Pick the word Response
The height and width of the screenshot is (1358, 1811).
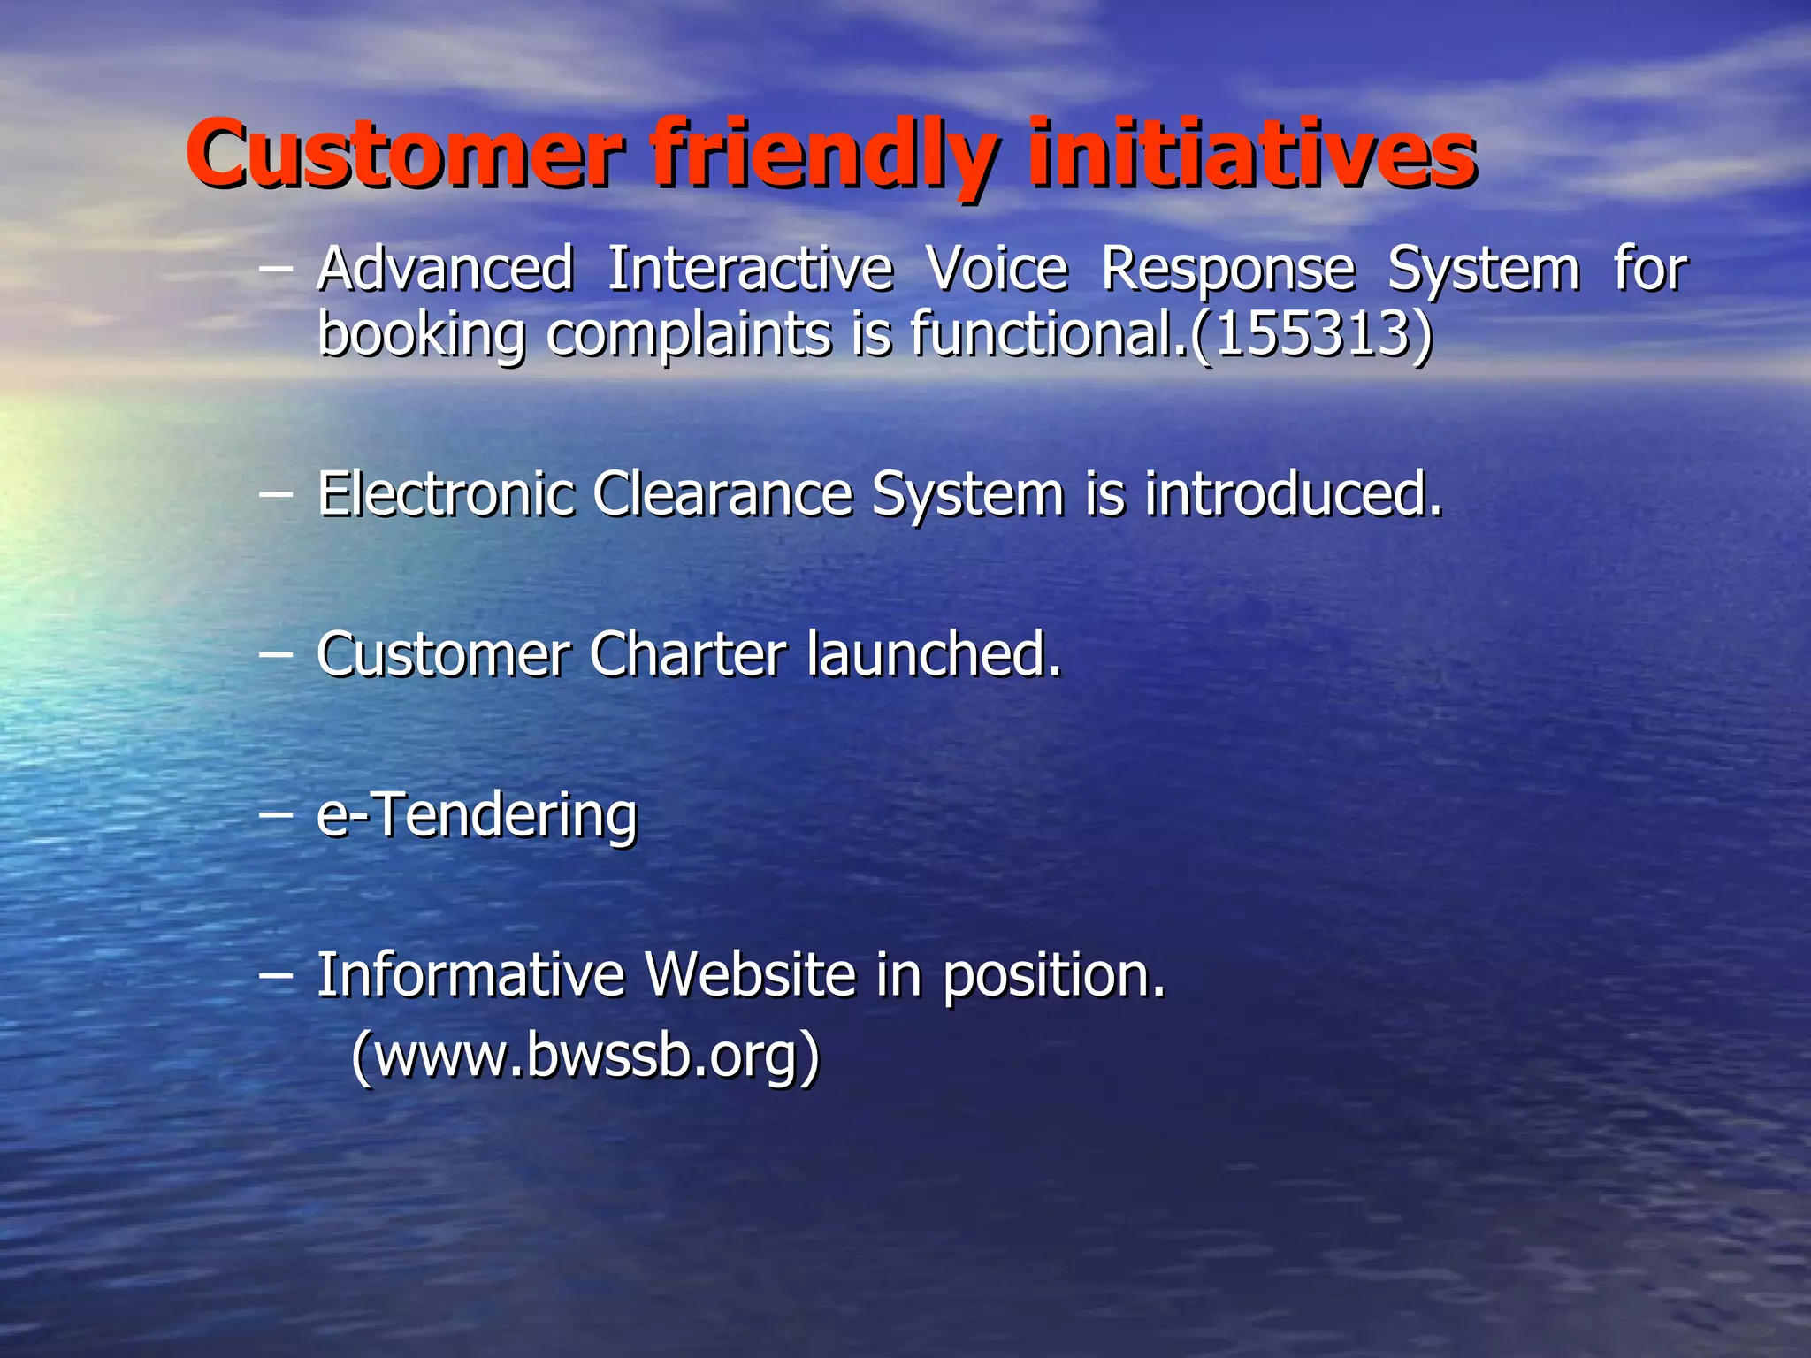pyautogui.click(x=1227, y=270)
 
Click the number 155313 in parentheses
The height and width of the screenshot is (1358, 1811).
pyautogui.click(x=1311, y=333)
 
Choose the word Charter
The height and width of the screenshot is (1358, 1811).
pyautogui.click(x=687, y=655)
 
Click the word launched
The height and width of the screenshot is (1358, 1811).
pyautogui.click(x=933, y=655)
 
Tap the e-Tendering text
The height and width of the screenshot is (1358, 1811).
pyautogui.click(x=477, y=815)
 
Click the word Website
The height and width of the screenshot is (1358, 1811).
pyautogui.click(x=751, y=975)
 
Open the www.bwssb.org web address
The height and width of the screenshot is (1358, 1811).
pyautogui.click(x=585, y=1056)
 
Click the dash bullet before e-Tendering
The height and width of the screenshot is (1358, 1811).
pyautogui.click(x=275, y=815)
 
